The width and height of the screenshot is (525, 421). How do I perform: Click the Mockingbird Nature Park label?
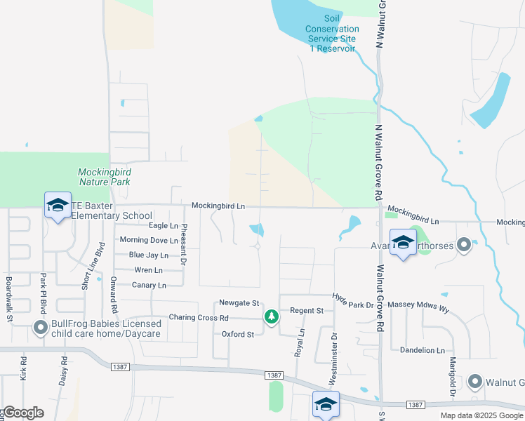coord(105,176)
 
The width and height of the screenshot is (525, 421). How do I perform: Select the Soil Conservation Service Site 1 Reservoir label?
coord(332,34)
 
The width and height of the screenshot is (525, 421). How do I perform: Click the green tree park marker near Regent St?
coord(271,317)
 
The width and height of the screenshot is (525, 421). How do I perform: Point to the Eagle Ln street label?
coord(164,225)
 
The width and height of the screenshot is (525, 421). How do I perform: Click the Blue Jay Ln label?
coord(149,255)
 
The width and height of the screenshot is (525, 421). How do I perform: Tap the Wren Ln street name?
coord(148,270)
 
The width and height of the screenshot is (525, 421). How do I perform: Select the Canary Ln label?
coord(149,286)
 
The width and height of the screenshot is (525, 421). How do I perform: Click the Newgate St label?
coord(240,303)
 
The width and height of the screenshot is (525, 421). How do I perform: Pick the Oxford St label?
coord(238,335)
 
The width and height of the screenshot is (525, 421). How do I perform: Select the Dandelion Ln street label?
coord(423,350)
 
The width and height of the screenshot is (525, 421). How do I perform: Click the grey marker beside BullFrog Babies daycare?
coord(41,328)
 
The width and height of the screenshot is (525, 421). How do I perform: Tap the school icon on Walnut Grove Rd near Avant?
coord(403,243)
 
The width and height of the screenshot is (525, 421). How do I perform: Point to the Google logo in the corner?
coord(22,413)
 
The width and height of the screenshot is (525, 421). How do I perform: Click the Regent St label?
coord(306,310)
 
